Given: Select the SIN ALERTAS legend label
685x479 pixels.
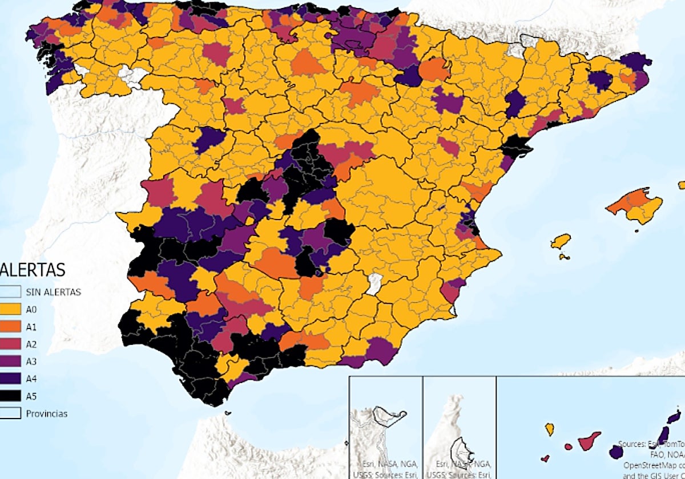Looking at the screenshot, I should click(53, 292).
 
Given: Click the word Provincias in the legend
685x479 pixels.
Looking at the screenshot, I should click(47, 413).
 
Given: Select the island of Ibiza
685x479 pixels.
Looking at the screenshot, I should click(561, 241).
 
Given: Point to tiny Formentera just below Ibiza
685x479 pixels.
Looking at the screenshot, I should click(564, 257).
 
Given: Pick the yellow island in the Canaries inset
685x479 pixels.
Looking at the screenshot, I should click(550, 429).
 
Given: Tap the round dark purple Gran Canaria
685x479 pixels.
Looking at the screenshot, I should click(615, 452).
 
